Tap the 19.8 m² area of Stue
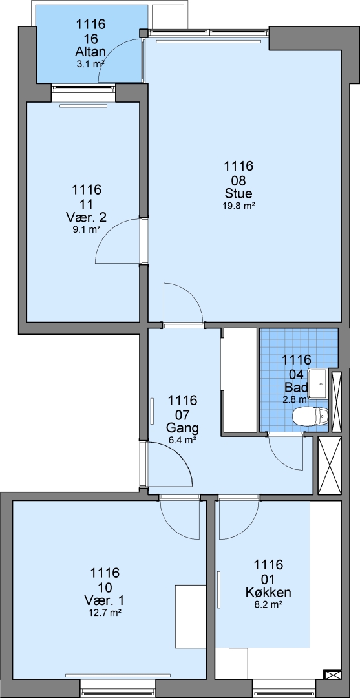238,206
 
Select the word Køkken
268,593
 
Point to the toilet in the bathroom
310,417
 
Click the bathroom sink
319,383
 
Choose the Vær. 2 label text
87,218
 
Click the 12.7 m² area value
105,613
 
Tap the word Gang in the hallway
182,428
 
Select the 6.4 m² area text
182,440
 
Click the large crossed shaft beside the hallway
330,465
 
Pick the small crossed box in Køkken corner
332,675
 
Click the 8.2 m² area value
268,604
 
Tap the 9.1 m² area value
87,229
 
